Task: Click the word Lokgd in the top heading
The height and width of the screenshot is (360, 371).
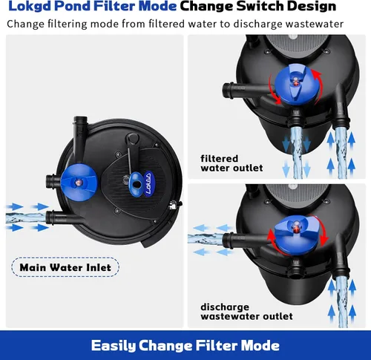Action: pos(30,6)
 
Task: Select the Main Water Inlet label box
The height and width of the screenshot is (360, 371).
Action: pos(65,267)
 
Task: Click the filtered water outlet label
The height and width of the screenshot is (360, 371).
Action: pos(232,163)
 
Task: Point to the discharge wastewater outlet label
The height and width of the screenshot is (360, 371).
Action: pos(246,312)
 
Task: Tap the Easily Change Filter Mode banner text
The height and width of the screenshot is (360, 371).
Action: pos(185,345)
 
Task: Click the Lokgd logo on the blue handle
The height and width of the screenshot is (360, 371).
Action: pos(148,183)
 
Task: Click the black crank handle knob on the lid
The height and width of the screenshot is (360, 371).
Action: pos(132,139)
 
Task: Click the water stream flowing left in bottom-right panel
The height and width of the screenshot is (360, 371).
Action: pos(206,239)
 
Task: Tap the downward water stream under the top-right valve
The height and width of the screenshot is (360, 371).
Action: pos(296,151)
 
